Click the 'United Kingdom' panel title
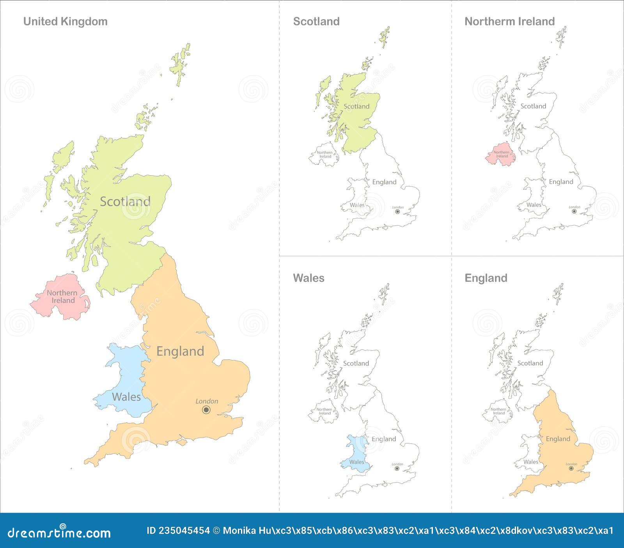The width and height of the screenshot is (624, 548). click(65, 21)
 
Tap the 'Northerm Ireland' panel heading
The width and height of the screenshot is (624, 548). click(509, 21)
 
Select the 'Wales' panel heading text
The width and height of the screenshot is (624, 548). click(308, 278)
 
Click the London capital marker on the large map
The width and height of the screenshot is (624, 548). click(206, 410)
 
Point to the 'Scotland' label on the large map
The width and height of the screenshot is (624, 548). click(125, 202)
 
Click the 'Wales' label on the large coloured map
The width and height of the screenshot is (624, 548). click(126, 397)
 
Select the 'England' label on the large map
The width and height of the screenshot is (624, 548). click(180, 351)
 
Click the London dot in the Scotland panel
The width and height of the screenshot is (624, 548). click(397, 212)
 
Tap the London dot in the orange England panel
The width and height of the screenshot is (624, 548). click(571, 468)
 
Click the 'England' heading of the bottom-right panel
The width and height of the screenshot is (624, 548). click(486, 278)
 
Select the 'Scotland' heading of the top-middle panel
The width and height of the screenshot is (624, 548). click(316, 21)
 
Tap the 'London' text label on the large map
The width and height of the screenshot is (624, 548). click(207, 401)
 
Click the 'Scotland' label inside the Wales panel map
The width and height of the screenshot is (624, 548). click(356, 363)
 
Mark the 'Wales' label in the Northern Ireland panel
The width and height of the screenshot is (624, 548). click(534, 205)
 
